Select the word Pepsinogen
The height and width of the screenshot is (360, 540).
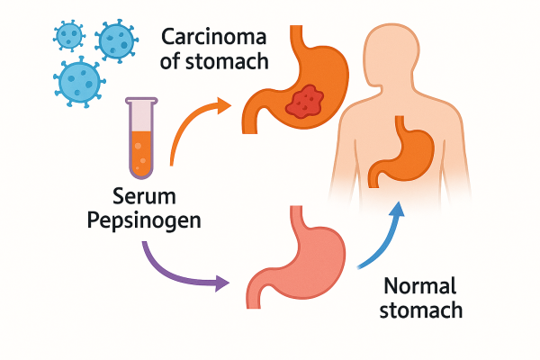point(146,221)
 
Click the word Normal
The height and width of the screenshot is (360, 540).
point(420,287)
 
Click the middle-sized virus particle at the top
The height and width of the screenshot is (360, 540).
point(114,40)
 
